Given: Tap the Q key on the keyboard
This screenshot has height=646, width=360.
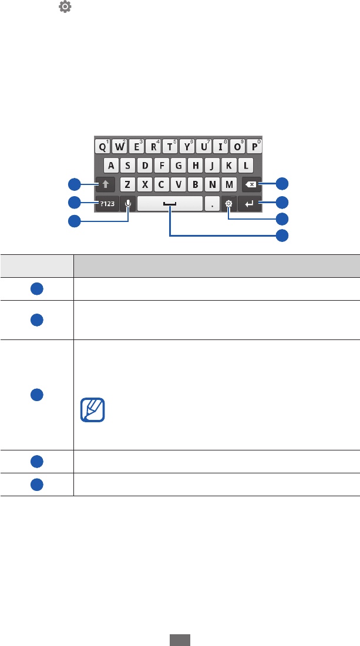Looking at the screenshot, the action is point(103,146).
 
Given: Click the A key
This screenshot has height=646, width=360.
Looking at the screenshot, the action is point(112,165).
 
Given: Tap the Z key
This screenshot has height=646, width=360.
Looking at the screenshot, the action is point(128,184).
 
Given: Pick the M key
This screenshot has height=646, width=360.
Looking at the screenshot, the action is point(229,184).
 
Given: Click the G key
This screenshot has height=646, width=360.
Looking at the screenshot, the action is point(179,165).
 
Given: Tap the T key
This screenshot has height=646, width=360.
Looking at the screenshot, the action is point(170,146).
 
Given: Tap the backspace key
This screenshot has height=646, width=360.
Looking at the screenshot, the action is point(251,184).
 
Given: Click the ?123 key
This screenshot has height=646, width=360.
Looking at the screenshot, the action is point(106,204).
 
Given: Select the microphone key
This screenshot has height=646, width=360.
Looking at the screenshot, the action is point(128,204).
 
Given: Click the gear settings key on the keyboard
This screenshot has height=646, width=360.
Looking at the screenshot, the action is point(228,204).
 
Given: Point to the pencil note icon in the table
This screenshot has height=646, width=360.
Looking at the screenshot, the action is point(92,410).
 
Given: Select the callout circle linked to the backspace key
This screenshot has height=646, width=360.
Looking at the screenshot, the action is point(283,184).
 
